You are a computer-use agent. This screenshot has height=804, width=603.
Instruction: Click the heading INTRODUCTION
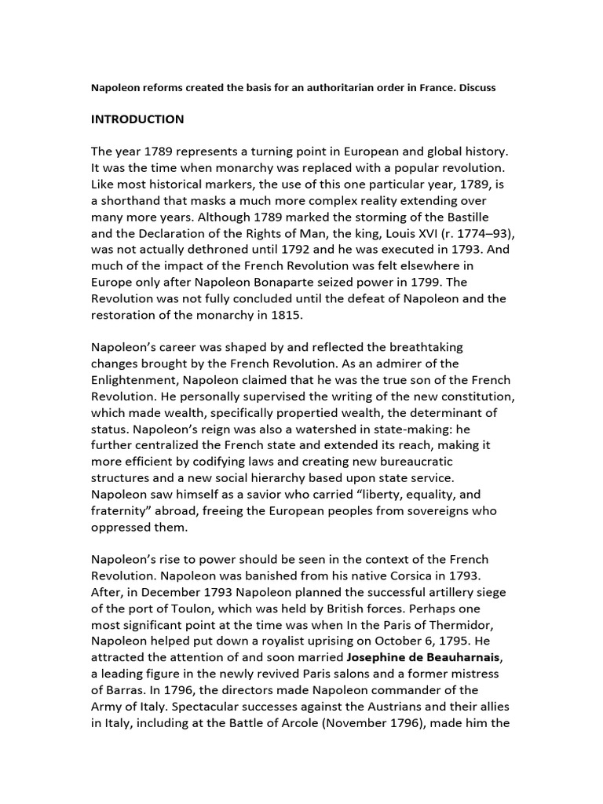pyautogui.click(x=137, y=119)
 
